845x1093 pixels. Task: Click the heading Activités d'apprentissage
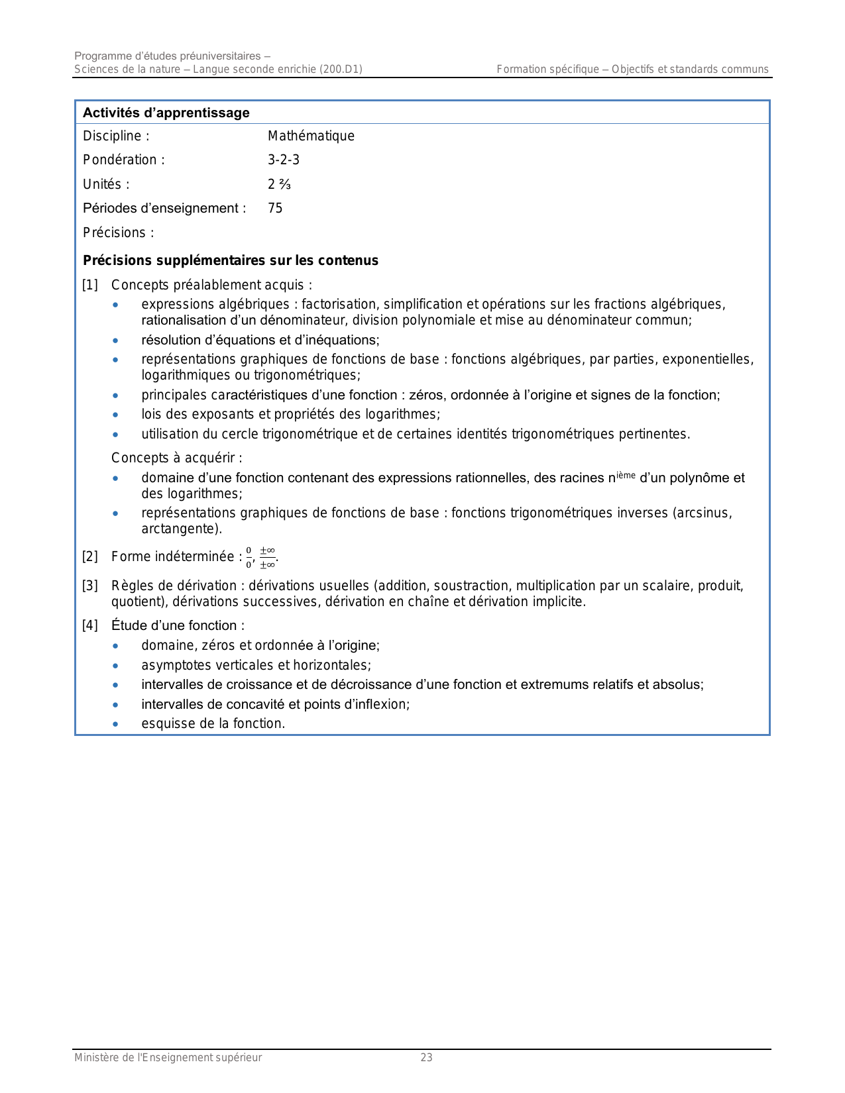(166, 113)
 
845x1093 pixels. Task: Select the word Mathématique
(311, 136)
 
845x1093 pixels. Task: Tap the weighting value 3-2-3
(284, 160)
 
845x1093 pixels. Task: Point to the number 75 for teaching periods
(275, 208)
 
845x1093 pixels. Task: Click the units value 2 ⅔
(279, 184)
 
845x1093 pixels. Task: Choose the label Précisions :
(118, 233)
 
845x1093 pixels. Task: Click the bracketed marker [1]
(89, 285)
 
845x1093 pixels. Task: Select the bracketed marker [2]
(89, 556)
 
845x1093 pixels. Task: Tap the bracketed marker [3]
(89, 586)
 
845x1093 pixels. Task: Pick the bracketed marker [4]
(89, 625)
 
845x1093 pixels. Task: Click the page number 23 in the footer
(426, 1057)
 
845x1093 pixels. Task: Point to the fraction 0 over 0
(249, 557)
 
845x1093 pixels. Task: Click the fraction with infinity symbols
(267, 557)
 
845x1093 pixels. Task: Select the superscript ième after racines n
(626, 474)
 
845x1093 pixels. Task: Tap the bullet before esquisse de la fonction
(116, 724)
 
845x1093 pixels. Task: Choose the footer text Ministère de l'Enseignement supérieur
(168, 1057)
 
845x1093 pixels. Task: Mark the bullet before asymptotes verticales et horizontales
(116, 665)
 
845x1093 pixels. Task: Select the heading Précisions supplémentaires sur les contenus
(231, 260)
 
